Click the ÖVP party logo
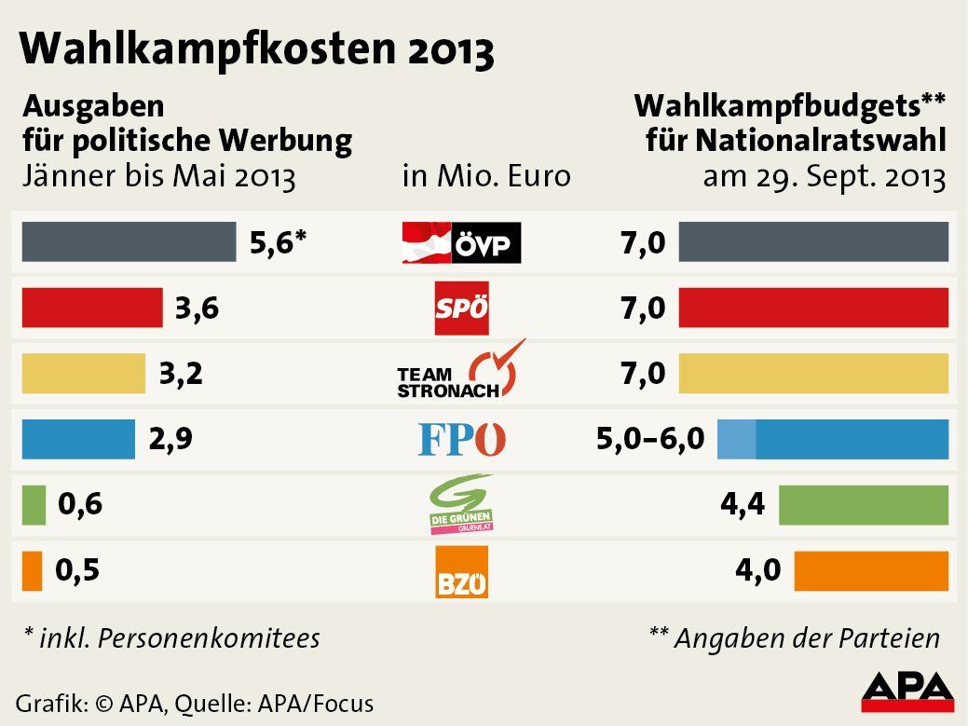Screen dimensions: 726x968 tap(461, 243)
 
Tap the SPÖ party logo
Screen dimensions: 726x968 tap(462, 308)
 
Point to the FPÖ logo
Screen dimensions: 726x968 tap(462, 439)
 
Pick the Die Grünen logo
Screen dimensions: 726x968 tap(461, 504)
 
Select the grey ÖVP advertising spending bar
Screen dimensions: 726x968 tap(129, 242)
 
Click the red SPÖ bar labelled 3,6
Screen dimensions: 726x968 tap(92, 308)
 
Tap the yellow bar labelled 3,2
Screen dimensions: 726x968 tap(84, 373)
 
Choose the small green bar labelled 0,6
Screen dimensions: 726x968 tap(34, 504)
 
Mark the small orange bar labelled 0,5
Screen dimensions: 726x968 tap(32, 570)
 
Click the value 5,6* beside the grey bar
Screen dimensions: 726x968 tap(278, 243)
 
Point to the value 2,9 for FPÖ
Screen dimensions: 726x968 tap(170, 439)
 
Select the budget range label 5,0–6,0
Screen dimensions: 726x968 tap(650, 439)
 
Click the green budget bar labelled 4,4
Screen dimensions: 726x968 tap(863, 505)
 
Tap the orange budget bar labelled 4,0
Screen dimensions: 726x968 tap(871, 570)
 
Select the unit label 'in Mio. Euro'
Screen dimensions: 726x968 tap(485, 175)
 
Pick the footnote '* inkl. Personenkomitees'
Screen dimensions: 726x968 tap(171, 638)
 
